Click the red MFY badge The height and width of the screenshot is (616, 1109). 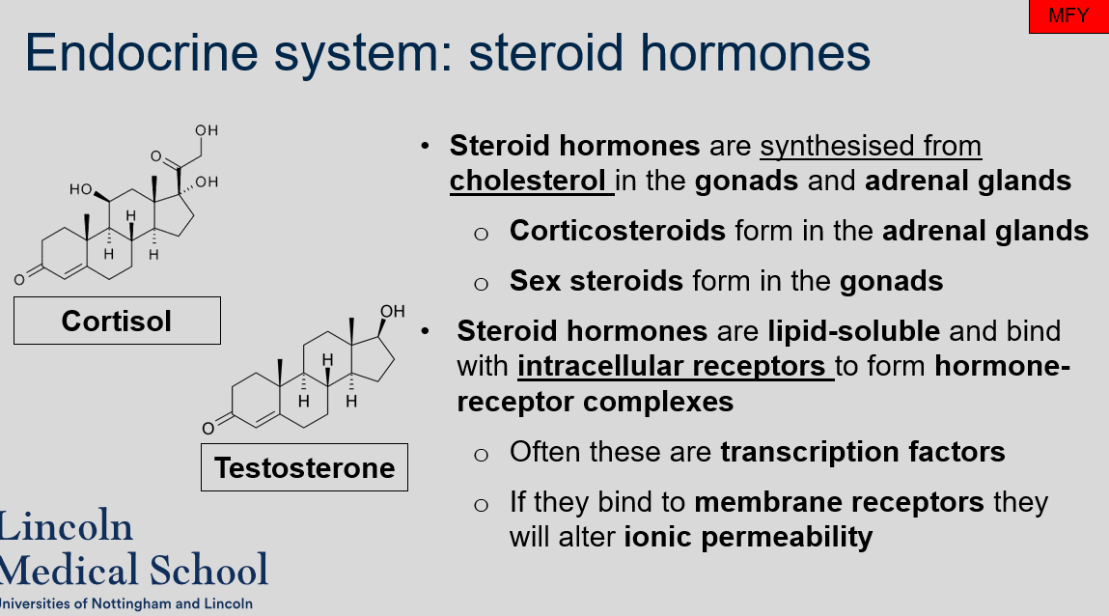pyautogui.click(x=1068, y=16)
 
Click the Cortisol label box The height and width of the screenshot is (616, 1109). pyautogui.click(x=117, y=321)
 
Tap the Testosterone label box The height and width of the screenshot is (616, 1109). pyautogui.click(x=304, y=467)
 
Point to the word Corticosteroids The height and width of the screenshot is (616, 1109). pyautogui.click(x=618, y=231)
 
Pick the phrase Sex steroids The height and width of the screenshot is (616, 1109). pyautogui.click(x=596, y=281)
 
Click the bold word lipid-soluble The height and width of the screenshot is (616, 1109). pyautogui.click(x=853, y=331)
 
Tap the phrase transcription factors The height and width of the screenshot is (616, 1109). pyautogui.click(x=863, y=452)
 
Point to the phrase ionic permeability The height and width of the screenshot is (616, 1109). pyautogui.click(x=748, y=537)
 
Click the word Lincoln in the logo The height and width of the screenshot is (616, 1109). pyautogui.click(x=66, y=527)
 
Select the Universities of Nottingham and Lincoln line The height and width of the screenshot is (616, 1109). pyautogui.click(x=125, y=603)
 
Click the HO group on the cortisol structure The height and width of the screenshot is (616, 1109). pyautogui.click(x=81, y=190)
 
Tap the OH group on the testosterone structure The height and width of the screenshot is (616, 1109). pyautogui.click(x=392, y=311)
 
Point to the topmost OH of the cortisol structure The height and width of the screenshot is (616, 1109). pyautogui.click(x=207, y=130)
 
